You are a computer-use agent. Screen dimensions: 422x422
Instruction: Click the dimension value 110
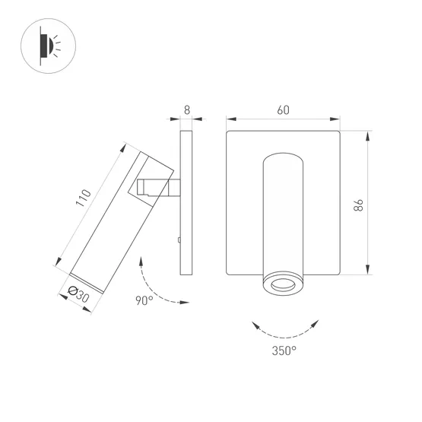click(85, 198)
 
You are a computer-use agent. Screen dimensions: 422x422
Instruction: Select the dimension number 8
click(187, 109)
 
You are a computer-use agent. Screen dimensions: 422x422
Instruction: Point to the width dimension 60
click(283, 109)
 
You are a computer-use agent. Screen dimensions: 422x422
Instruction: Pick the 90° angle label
click(144, 300)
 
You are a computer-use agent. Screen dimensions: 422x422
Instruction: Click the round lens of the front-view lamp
click(283, 286)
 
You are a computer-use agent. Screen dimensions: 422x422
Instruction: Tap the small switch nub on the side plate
click(177, 241)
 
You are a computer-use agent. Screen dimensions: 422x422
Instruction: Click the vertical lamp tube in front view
click(283, 213)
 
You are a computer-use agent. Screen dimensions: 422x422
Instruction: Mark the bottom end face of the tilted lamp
click(89, 279)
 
